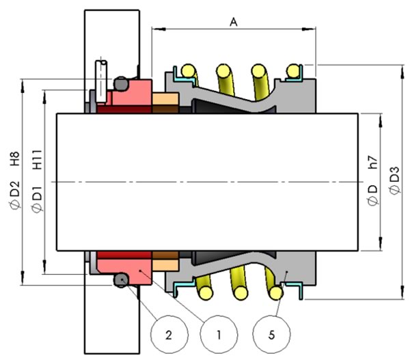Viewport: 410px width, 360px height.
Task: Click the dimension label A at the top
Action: (234, 23)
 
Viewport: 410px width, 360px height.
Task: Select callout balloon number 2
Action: (169, 334)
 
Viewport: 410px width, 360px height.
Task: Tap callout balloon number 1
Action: (219, 334)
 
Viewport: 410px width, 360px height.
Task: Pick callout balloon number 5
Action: (271, 334)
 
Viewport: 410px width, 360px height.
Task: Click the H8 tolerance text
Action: (14, 158)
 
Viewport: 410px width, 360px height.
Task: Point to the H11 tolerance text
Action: (37, 159)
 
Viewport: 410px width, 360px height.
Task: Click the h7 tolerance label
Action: (372, 162)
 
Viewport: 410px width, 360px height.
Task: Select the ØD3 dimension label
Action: (394, 180)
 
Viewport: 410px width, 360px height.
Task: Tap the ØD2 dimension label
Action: (14, 195)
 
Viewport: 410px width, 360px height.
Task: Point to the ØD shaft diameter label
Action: (372, 195)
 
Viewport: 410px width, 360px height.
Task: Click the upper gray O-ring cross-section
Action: (121, 84)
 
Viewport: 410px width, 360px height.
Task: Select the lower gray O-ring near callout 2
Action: (121, 280)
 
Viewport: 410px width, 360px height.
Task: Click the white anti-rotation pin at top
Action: (101, 81)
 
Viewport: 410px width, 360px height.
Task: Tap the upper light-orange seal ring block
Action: (165, 99)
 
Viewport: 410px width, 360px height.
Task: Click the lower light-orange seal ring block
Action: (165, 265)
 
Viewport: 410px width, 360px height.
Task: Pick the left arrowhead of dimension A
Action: (159, 29)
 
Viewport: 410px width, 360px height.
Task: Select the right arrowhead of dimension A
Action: (309, 29)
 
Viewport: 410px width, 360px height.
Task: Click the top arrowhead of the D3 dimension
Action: (402, 72)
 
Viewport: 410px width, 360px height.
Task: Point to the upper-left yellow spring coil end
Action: (189, 71)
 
